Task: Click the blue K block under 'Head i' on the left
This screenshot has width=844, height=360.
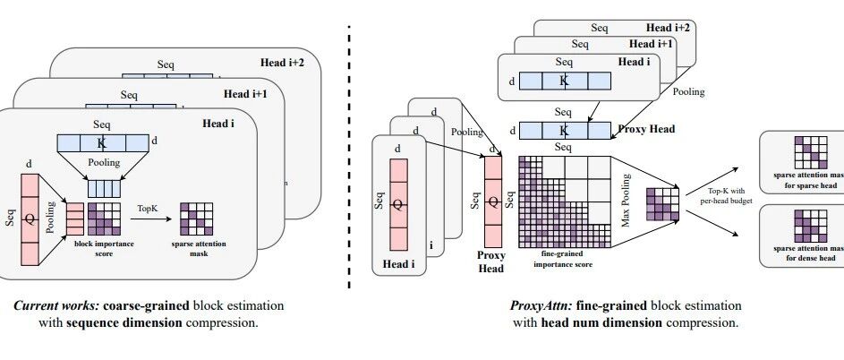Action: (101, 141)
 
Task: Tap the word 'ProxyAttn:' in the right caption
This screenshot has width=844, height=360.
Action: (532, 304)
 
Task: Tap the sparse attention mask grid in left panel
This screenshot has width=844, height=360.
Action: (196, 218)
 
